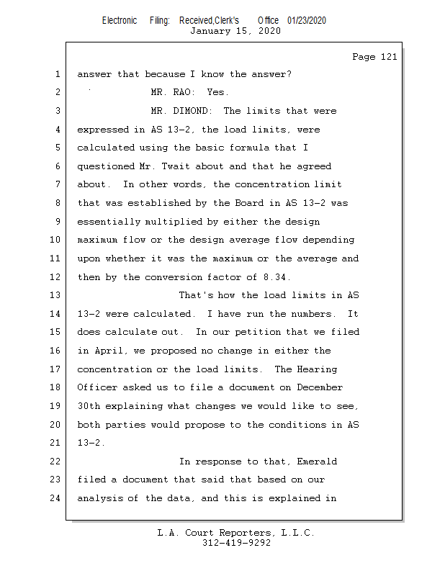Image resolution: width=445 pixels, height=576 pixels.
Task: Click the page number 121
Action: (x=388, y=57)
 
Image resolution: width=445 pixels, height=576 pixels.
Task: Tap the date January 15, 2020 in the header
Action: (x=235, y=31)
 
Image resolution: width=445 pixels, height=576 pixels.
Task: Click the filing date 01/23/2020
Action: (x=307, y=20)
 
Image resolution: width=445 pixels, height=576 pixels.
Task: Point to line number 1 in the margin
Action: (x=57, y=74)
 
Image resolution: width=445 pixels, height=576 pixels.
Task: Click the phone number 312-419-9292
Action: (x=236, y=544)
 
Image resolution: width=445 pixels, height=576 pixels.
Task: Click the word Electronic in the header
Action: (x=120, y=20)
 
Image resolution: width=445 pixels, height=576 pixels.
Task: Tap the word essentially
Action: (x=109, y=222)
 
